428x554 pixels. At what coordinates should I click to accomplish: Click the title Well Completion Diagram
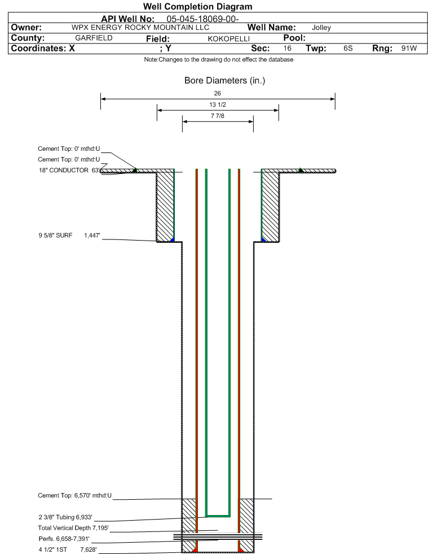pos(197,7)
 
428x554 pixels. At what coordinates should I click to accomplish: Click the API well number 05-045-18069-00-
pos(203,19)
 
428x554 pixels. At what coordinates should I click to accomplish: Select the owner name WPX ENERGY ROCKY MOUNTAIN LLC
pos(140,28)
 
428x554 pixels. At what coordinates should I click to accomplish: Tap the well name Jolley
pos(321,28)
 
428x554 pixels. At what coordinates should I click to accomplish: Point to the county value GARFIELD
pos(94,38)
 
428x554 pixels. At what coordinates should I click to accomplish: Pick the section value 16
pos(288,49)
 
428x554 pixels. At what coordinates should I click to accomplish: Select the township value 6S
pos(348,49)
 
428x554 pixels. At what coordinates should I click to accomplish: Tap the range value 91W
pos(409,49)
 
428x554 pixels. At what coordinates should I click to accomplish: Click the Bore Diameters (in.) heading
pos(224,81)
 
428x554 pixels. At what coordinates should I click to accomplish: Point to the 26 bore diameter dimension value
pos(218,93)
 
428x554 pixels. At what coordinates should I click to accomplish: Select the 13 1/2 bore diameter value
pos(218,105)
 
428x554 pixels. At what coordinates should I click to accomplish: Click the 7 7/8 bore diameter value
pos(218,116)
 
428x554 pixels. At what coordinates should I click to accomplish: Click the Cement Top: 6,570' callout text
pos(75,496)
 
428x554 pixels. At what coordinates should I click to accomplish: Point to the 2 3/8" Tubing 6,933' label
pos(65,517)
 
